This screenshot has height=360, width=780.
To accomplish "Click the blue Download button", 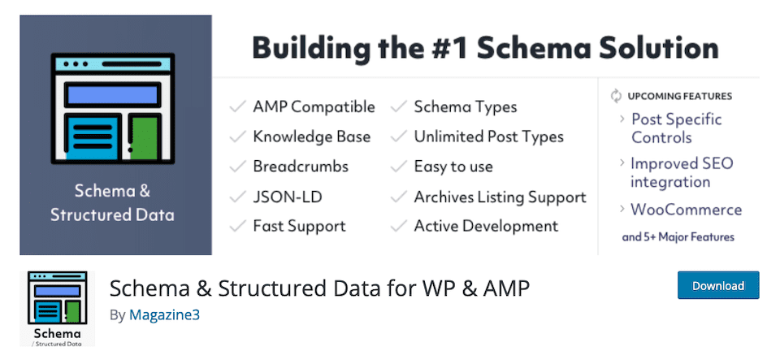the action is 717,285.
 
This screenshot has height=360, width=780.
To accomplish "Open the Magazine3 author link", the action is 164,314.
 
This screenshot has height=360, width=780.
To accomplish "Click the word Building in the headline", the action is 311,49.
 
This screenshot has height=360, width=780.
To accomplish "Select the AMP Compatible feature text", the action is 314,107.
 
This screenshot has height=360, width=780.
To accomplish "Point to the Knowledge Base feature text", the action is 312,137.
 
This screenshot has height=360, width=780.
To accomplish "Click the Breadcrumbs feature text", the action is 301,167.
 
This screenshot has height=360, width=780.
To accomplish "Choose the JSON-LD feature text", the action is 288,197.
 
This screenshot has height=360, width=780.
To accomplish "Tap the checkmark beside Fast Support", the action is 237,226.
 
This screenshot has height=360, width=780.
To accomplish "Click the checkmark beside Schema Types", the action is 399,107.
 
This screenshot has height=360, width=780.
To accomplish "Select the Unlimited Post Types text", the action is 489,137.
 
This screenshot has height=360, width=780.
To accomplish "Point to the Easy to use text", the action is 453,167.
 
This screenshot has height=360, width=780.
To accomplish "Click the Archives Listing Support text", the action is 500,197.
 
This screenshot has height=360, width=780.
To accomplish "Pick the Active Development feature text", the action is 487,226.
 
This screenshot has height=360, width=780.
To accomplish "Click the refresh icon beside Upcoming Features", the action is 617,96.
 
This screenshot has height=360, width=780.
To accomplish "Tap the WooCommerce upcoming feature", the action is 686,210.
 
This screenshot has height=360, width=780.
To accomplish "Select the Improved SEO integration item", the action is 682,172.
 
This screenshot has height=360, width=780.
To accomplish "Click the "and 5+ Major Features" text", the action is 678,237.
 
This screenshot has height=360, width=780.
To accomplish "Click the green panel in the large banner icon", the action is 145,137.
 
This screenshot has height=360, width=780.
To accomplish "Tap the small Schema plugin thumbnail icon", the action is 57,308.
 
